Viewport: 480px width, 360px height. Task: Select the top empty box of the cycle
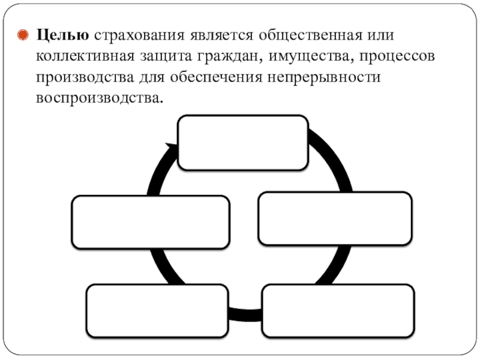(242, 143)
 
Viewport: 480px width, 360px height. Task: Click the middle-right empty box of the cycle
(335, 218)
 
